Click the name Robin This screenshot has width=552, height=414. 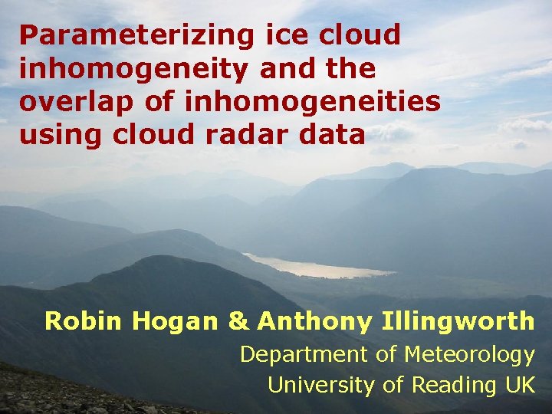[x=84, y=321]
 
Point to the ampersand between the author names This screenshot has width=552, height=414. [x=239, y=321]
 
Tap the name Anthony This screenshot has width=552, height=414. [x=314, y=322]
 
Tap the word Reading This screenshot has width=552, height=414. [x=437, y=386]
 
